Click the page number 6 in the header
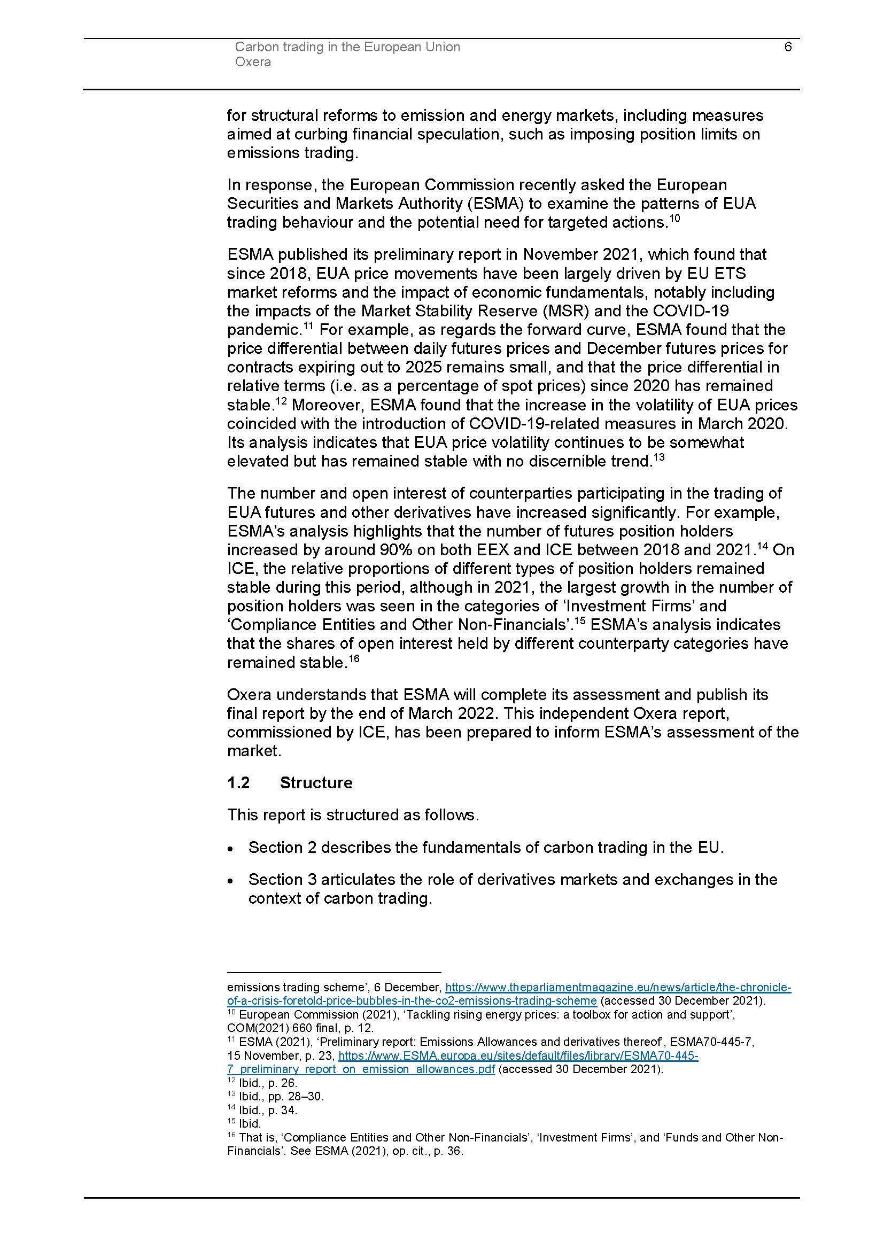point(788,47)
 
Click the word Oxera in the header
point(253,62)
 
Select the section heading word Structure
point(316,783)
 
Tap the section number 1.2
point(238,783)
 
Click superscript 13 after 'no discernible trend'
point(658,457)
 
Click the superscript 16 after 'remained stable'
point(354,659)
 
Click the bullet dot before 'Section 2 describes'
point(231,849)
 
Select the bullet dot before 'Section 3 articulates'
point(231,881)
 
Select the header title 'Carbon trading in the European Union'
point(347,48)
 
